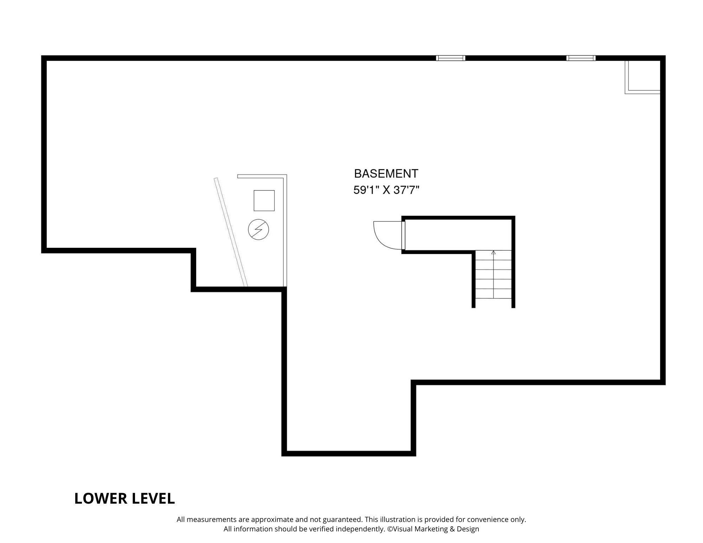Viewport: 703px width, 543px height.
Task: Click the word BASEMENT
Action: [x=386, y=174]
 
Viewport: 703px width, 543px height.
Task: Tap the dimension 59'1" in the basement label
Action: [x=366, y=190]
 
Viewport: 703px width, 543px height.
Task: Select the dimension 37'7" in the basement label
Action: [x=407, y=190]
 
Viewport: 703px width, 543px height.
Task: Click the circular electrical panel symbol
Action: [x=258, y=230]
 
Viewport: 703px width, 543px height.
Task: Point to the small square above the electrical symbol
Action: [x=264, y=200]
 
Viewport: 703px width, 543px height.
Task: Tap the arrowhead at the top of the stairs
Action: [x=494, y=252]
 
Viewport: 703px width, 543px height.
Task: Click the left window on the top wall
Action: [x=451, y=58]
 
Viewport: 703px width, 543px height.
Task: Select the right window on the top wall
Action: [x=581, y=58]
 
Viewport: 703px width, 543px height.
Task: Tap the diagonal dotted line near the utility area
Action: [x=231, y=232]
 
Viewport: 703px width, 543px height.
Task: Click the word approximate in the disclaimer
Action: [x=272, y=519]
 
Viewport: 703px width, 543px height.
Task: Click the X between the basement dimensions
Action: [x=387, y=190]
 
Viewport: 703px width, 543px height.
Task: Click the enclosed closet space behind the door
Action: [x=457, y=235]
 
